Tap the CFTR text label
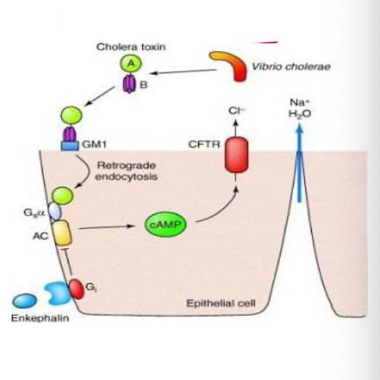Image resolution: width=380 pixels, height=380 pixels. (202, 144)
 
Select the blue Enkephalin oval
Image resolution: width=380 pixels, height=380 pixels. (26, 300)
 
